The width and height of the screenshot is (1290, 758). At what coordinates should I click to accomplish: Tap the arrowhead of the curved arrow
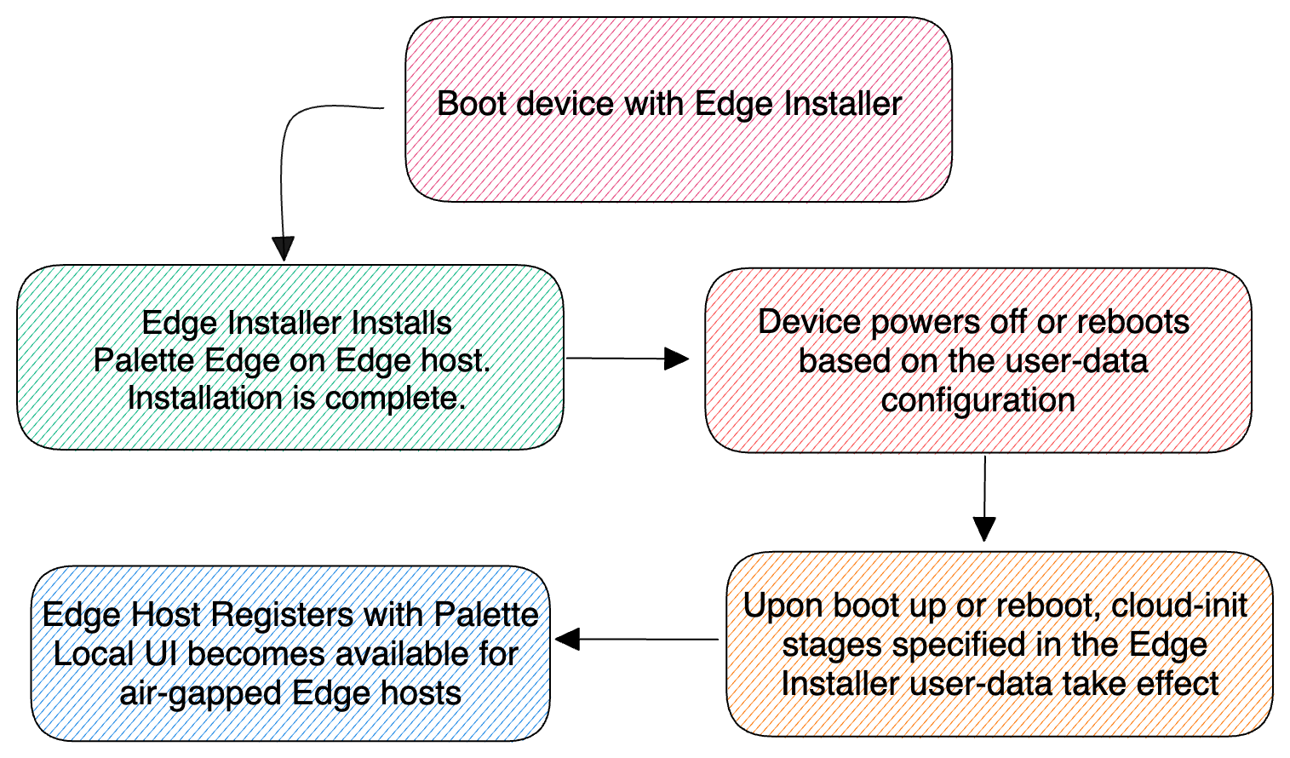click(283, 248)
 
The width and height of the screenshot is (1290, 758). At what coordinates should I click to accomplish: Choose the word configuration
click(978, 399)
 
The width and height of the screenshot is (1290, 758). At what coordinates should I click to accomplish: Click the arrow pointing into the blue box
click(636, 639)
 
